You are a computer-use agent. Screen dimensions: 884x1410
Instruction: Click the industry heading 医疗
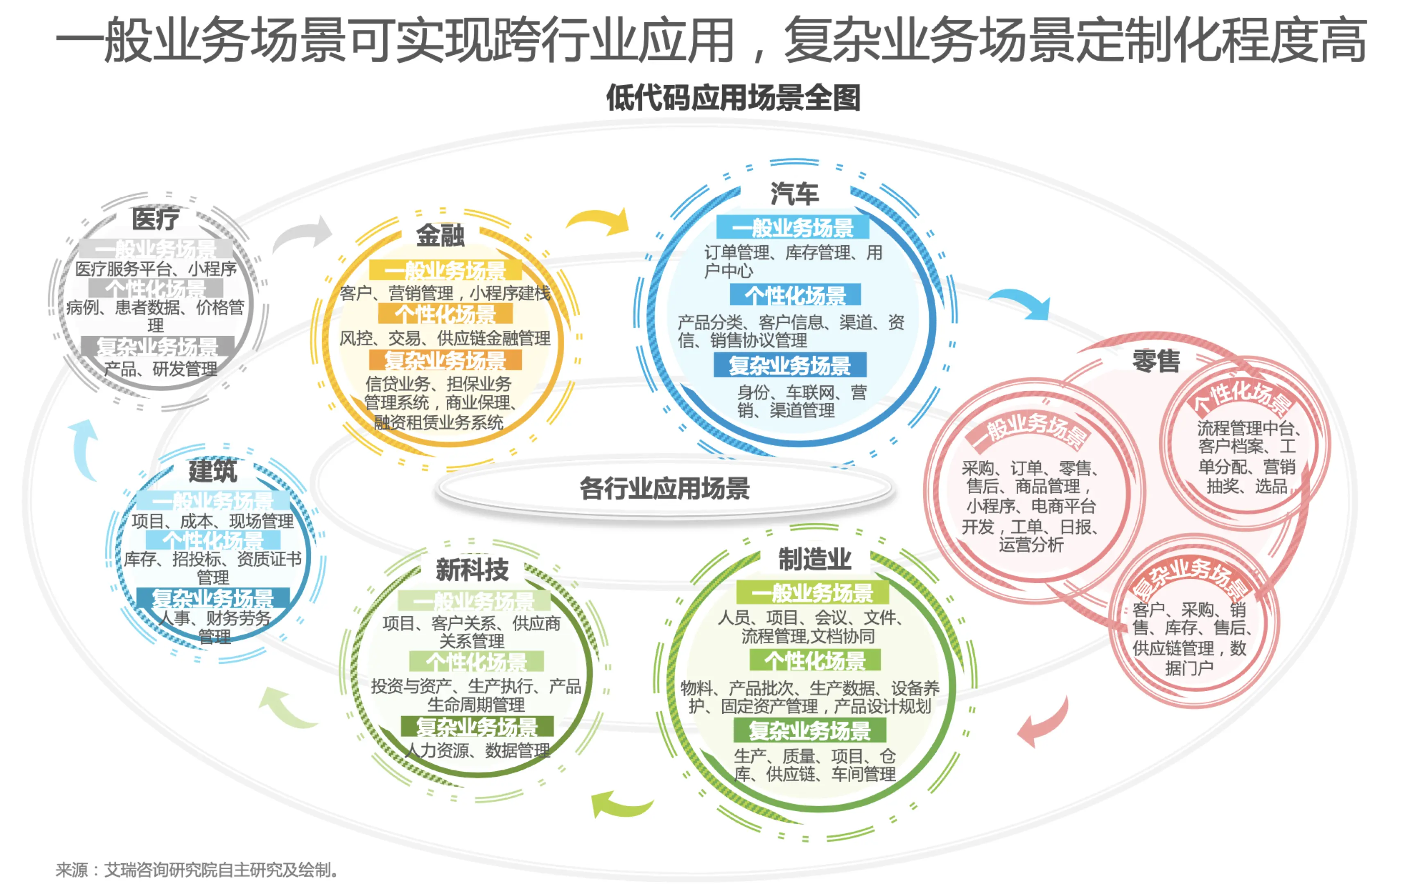pos(155,219)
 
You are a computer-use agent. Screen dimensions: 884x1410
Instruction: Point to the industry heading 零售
pos(1156,361)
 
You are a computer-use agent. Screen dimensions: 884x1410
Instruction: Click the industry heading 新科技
pos(472,569)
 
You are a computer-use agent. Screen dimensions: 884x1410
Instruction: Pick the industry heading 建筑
pos(212,471)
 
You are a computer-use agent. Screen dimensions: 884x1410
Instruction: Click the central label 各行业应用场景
pos(664,488)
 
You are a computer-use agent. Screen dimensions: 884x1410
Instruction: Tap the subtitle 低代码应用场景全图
pos(733,98)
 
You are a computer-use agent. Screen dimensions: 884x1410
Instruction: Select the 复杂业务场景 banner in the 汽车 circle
pos(789,365)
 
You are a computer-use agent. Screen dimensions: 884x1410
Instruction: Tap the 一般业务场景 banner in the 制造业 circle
pos(812,593)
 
